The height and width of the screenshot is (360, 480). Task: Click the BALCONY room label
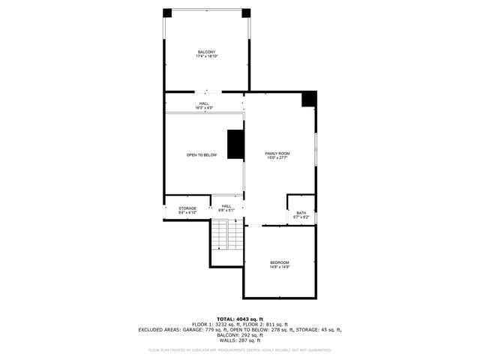(206, 52)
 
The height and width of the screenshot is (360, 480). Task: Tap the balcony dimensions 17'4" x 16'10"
(206, 56)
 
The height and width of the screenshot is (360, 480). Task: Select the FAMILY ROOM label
(277, 153)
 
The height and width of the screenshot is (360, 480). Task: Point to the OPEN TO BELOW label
(202, 155)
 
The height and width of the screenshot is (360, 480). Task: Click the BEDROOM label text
(280, 262)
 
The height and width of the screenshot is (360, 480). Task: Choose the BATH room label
(301, 213)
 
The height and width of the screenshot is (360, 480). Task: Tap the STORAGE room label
(187, 208)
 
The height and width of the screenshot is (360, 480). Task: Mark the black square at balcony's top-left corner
(167, 13)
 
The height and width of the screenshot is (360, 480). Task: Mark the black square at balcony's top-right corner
(245, 13)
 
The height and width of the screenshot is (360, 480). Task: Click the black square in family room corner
(309, 99)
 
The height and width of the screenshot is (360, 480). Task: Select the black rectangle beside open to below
(235, 144)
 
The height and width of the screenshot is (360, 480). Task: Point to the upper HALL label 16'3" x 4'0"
(204, 106)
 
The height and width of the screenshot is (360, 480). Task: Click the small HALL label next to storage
(226, 208)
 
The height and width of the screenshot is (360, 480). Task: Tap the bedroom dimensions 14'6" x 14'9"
(280, 266)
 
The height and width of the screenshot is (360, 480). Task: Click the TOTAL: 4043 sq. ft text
(240, 319)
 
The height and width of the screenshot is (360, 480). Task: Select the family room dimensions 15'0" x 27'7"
(277, 158)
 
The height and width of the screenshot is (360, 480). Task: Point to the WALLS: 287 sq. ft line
(240, 340)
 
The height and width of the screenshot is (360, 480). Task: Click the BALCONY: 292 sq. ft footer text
(240, 335)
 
